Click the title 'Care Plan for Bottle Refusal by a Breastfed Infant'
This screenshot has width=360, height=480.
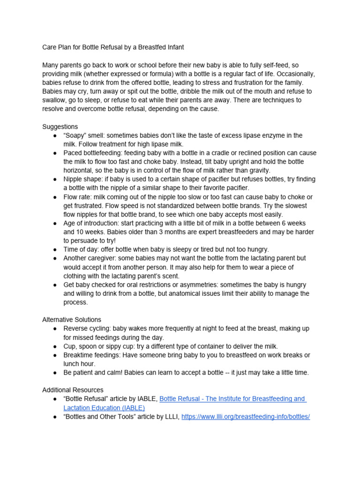(113, 47)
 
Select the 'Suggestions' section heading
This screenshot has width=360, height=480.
(60, 127)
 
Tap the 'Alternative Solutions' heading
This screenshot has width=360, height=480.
(71, 320)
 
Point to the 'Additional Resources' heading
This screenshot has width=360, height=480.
(73, 390)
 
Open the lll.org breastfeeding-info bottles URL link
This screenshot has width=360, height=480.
(245, 417)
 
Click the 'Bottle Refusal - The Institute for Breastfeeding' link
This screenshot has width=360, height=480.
(232, 399)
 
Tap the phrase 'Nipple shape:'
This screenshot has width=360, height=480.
(84, 180)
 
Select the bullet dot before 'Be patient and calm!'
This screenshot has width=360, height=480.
(55, 373)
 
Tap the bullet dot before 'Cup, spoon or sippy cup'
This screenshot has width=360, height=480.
(55, 346)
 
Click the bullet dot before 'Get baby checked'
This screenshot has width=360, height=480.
(55, 285)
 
